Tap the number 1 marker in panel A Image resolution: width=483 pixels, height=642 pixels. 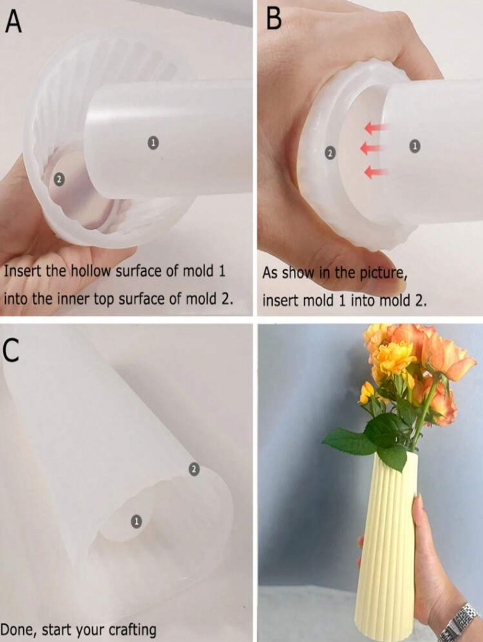click(x=153, y=143)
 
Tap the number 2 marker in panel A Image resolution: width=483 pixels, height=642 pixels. click(x=59, y=180)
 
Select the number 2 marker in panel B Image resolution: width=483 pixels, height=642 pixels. click(x=330, y=153)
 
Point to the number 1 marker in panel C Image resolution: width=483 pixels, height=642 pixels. click(x=136, y=521)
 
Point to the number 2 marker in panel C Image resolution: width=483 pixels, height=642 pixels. click(x=194, y=469)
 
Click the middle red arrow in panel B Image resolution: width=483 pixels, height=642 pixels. click(x=372, y=148)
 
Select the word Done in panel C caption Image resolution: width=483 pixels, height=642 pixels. click(x=18, y=629)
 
